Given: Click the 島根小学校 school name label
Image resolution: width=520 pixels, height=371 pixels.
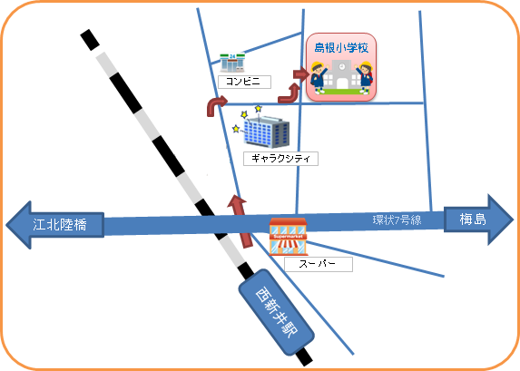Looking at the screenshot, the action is pos(341,48).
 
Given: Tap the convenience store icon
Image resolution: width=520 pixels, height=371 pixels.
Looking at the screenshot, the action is pos(232,63).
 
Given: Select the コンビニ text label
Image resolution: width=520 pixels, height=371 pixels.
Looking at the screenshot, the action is pos(244,82).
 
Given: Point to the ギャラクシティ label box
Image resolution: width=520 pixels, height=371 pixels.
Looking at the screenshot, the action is pos(280,159).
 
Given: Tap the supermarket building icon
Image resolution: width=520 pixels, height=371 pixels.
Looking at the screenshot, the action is pos(288,237).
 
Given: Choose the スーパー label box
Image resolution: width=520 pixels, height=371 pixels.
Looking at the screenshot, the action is pos(318,264).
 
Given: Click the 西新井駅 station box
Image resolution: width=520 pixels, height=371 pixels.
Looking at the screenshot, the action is pos(276,312).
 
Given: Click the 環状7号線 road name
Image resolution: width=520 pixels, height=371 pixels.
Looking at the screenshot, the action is pos(397,220).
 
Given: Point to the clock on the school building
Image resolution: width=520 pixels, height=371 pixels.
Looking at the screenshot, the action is pos(342,66).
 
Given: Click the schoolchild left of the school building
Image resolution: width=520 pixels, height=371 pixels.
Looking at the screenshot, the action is pos(318,77).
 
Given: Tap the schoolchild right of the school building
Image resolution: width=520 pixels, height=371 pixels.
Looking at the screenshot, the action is pos(365,78).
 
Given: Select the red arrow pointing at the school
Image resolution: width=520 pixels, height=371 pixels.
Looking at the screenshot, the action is pos(301,74).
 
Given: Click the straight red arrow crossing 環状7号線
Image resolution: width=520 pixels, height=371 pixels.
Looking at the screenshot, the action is pos(240,221).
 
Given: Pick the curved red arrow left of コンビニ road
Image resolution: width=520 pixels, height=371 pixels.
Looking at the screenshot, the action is pos(216,105).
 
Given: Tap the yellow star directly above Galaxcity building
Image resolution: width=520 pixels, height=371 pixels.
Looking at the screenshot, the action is pos(258,109).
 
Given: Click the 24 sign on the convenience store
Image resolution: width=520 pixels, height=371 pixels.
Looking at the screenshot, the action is pos(232,57).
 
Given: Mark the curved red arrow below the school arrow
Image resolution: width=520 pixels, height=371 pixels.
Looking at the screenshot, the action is pos(289,94).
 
